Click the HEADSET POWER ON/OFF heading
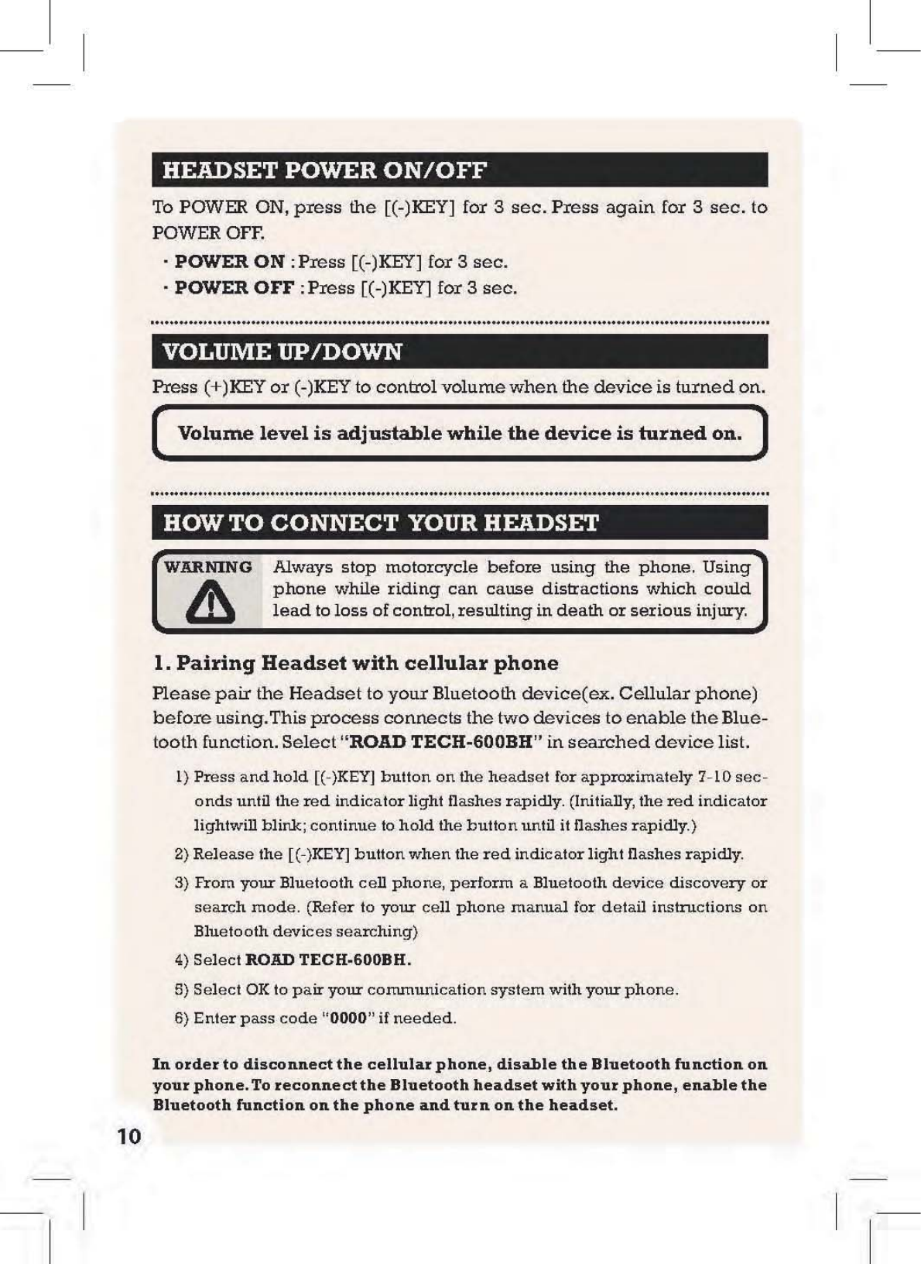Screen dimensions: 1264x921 tap(324, 170)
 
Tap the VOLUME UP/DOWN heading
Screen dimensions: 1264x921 tap(282, 352)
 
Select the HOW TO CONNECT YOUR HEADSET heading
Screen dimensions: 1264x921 tap(381, 523)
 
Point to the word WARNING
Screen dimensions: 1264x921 tap(208, 567)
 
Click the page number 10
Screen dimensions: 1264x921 tap(129, 1136)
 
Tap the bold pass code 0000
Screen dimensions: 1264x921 tap(348, 1018)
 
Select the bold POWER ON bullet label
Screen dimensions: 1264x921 tap(229, 262)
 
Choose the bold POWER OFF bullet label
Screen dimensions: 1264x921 tap(234, 288)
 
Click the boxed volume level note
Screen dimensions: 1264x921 tap(460, 433)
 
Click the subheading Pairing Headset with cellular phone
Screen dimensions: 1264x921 tap(355, 663)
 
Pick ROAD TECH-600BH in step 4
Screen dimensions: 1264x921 tap(327, 960)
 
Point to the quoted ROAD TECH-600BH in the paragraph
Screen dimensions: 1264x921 tap(442, 742)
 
